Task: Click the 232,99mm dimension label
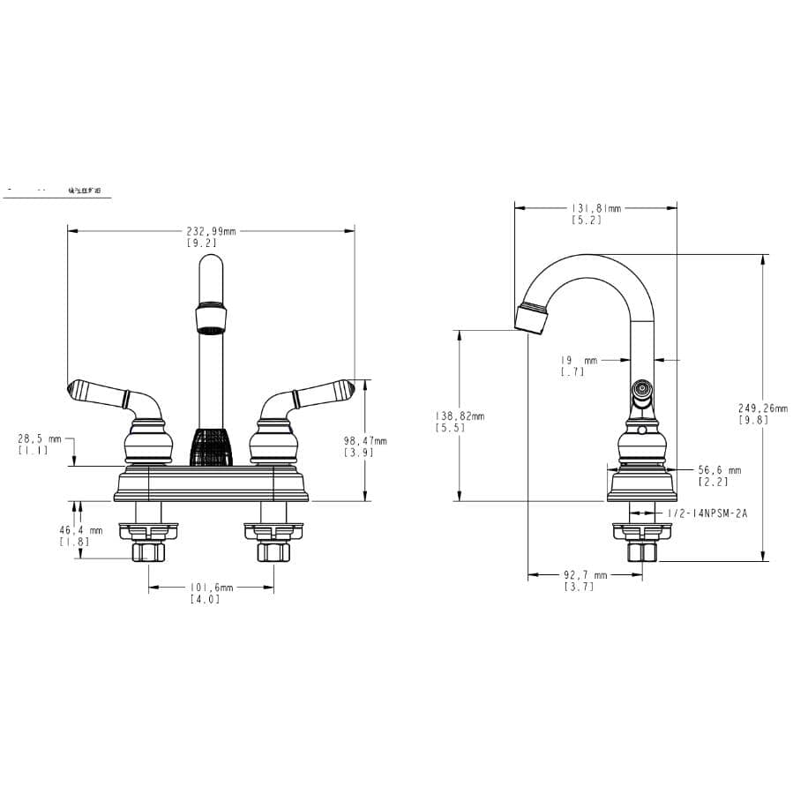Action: (211, 231)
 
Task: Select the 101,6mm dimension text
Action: (211, 588)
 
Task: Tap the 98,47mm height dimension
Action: (365, 441)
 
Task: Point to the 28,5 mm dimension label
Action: (40, 438)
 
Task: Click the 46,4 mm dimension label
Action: (81, 530)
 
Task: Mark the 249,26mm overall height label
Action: (763, 408)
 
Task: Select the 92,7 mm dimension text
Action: (585, 575)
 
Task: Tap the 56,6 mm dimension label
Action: (719, 470)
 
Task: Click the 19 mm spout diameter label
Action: (579, 360)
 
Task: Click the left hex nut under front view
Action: (147, 552)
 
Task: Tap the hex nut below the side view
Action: (641, 552)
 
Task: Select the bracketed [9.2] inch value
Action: (201, 243)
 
